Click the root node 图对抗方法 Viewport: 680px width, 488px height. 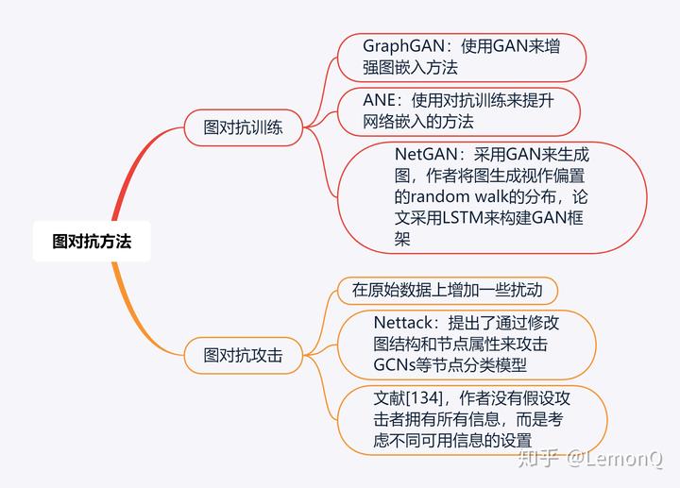92,241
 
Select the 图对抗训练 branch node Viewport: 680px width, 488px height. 244,126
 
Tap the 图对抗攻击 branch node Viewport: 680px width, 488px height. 244,355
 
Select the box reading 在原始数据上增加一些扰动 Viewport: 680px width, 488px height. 453,290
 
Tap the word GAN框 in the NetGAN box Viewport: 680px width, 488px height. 568,219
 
